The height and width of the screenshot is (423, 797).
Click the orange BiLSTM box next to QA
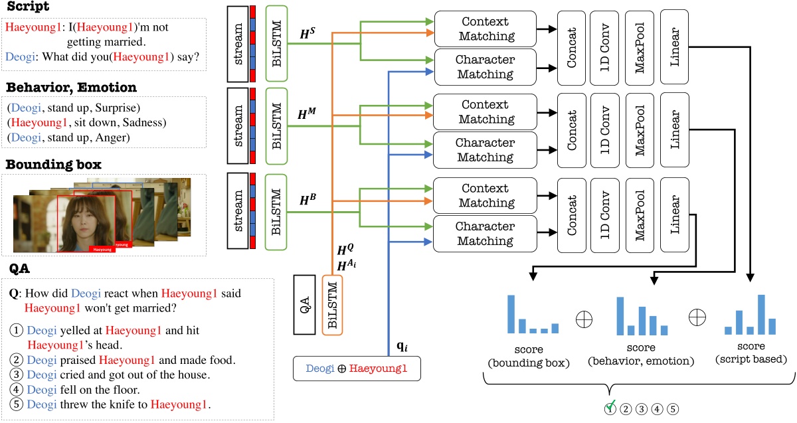(x=332, y=306)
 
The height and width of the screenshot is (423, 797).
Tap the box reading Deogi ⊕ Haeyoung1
(x=357, y=368)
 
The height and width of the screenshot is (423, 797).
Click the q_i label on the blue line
(x=403, y=345)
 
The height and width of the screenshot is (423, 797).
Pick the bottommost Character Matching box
(x=485, y=233)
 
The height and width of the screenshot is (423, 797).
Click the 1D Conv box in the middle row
(x=606, y=130)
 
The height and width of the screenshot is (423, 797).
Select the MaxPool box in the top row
(x=640, y=46)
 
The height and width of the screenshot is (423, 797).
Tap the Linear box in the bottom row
(x=675, y=214)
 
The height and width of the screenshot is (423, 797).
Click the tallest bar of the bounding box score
(x=511, y=314)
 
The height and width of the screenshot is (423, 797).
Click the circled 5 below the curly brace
(x=673, y=408)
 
